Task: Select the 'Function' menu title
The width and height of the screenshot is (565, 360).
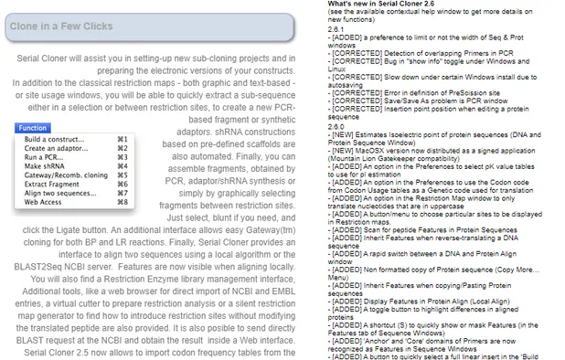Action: [33, 128]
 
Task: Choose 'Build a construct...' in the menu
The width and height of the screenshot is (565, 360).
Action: [56, 138]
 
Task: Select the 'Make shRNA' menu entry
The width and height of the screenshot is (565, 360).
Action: [45, 165]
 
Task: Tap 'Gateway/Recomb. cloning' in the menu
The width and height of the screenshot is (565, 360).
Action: [66, 175]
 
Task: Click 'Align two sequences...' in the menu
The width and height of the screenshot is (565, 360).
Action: [60, 193]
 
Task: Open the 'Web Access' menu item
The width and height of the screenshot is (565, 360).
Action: [44, 202]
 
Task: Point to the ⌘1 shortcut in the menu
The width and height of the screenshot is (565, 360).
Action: [123, 138]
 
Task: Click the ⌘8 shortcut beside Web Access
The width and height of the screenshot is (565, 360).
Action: [123, 202]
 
